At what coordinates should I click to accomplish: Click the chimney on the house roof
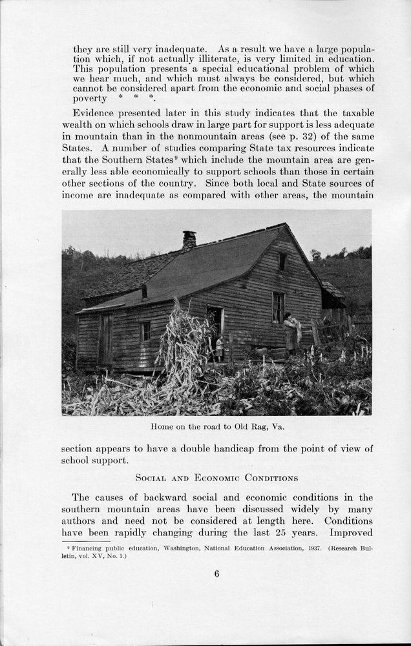point(189,240)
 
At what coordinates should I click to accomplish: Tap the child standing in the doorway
point(220,348)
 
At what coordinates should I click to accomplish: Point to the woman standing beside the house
point(291,333)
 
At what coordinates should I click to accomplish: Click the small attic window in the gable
point(282,261)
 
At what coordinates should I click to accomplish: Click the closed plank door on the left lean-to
point(105,339)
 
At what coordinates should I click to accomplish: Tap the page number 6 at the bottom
point(216,573)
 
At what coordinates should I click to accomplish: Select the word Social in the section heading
point(151,478)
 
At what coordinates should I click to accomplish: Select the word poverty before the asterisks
point(90,98)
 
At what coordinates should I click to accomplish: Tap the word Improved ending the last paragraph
point(351,532)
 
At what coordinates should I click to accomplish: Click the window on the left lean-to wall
point(145,331)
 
